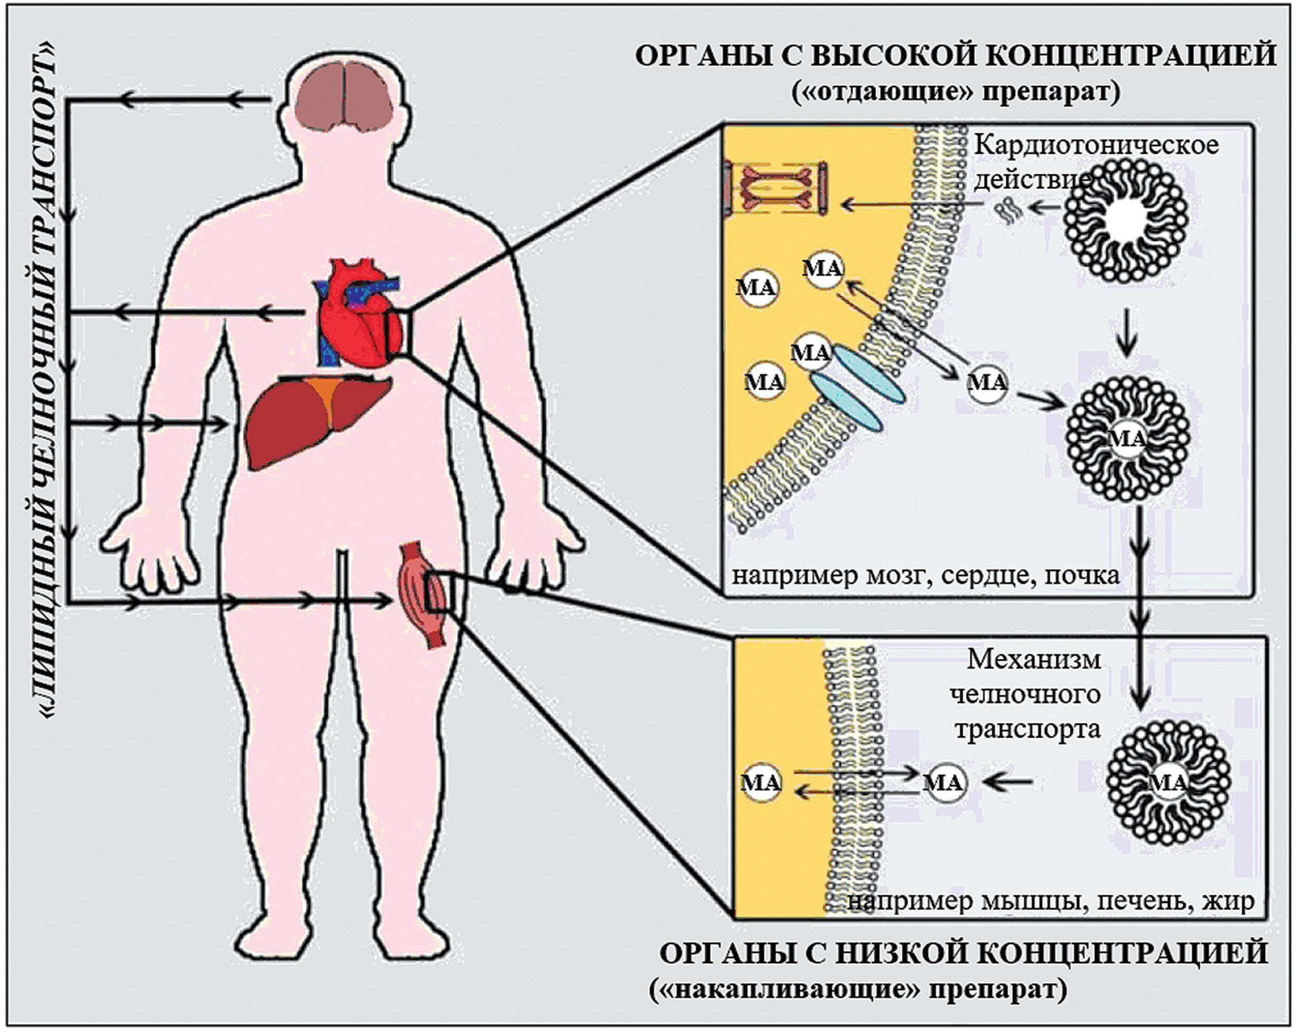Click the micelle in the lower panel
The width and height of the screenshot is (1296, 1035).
click(1168, 783)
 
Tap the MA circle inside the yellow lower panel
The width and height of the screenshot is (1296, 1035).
click(760, 783)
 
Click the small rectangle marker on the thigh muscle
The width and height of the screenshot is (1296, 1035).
click(440, 591)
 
